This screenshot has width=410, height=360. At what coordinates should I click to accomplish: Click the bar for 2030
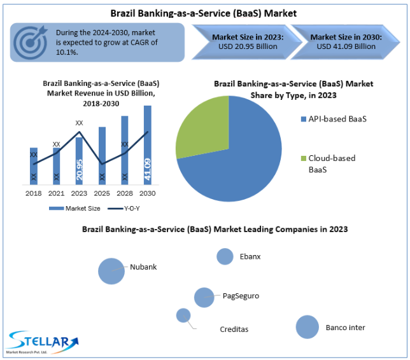click(148, 145)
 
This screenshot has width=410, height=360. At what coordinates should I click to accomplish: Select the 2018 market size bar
click(34, 166)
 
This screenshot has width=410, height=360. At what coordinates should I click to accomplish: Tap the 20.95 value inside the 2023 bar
click(79, 170)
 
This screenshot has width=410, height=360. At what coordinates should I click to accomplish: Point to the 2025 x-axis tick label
click(102, 193)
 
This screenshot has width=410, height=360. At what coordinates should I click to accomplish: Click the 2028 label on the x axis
click(125, 193)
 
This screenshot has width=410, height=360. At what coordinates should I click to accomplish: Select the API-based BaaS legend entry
click(334, 119)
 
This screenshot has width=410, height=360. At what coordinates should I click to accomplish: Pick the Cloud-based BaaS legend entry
click(328, 164)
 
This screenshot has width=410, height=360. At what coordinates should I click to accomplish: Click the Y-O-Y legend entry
click(124, 209)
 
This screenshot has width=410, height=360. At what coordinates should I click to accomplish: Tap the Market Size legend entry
click(74, 209)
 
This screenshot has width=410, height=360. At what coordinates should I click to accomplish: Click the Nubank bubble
click(111, 271)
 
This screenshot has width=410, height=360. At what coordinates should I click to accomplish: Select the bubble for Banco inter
click(307, 327)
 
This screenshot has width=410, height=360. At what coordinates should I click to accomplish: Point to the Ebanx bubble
click(225, 256)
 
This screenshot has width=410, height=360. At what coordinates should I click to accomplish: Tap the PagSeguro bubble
click(204, 298)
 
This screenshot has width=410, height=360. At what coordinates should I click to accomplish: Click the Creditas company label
click(234, 329)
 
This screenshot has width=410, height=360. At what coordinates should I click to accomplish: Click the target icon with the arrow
click(31, 43)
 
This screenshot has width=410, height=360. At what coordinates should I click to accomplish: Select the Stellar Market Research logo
click(43, 342)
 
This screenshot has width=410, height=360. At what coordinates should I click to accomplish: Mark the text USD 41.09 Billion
click(346, 46)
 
